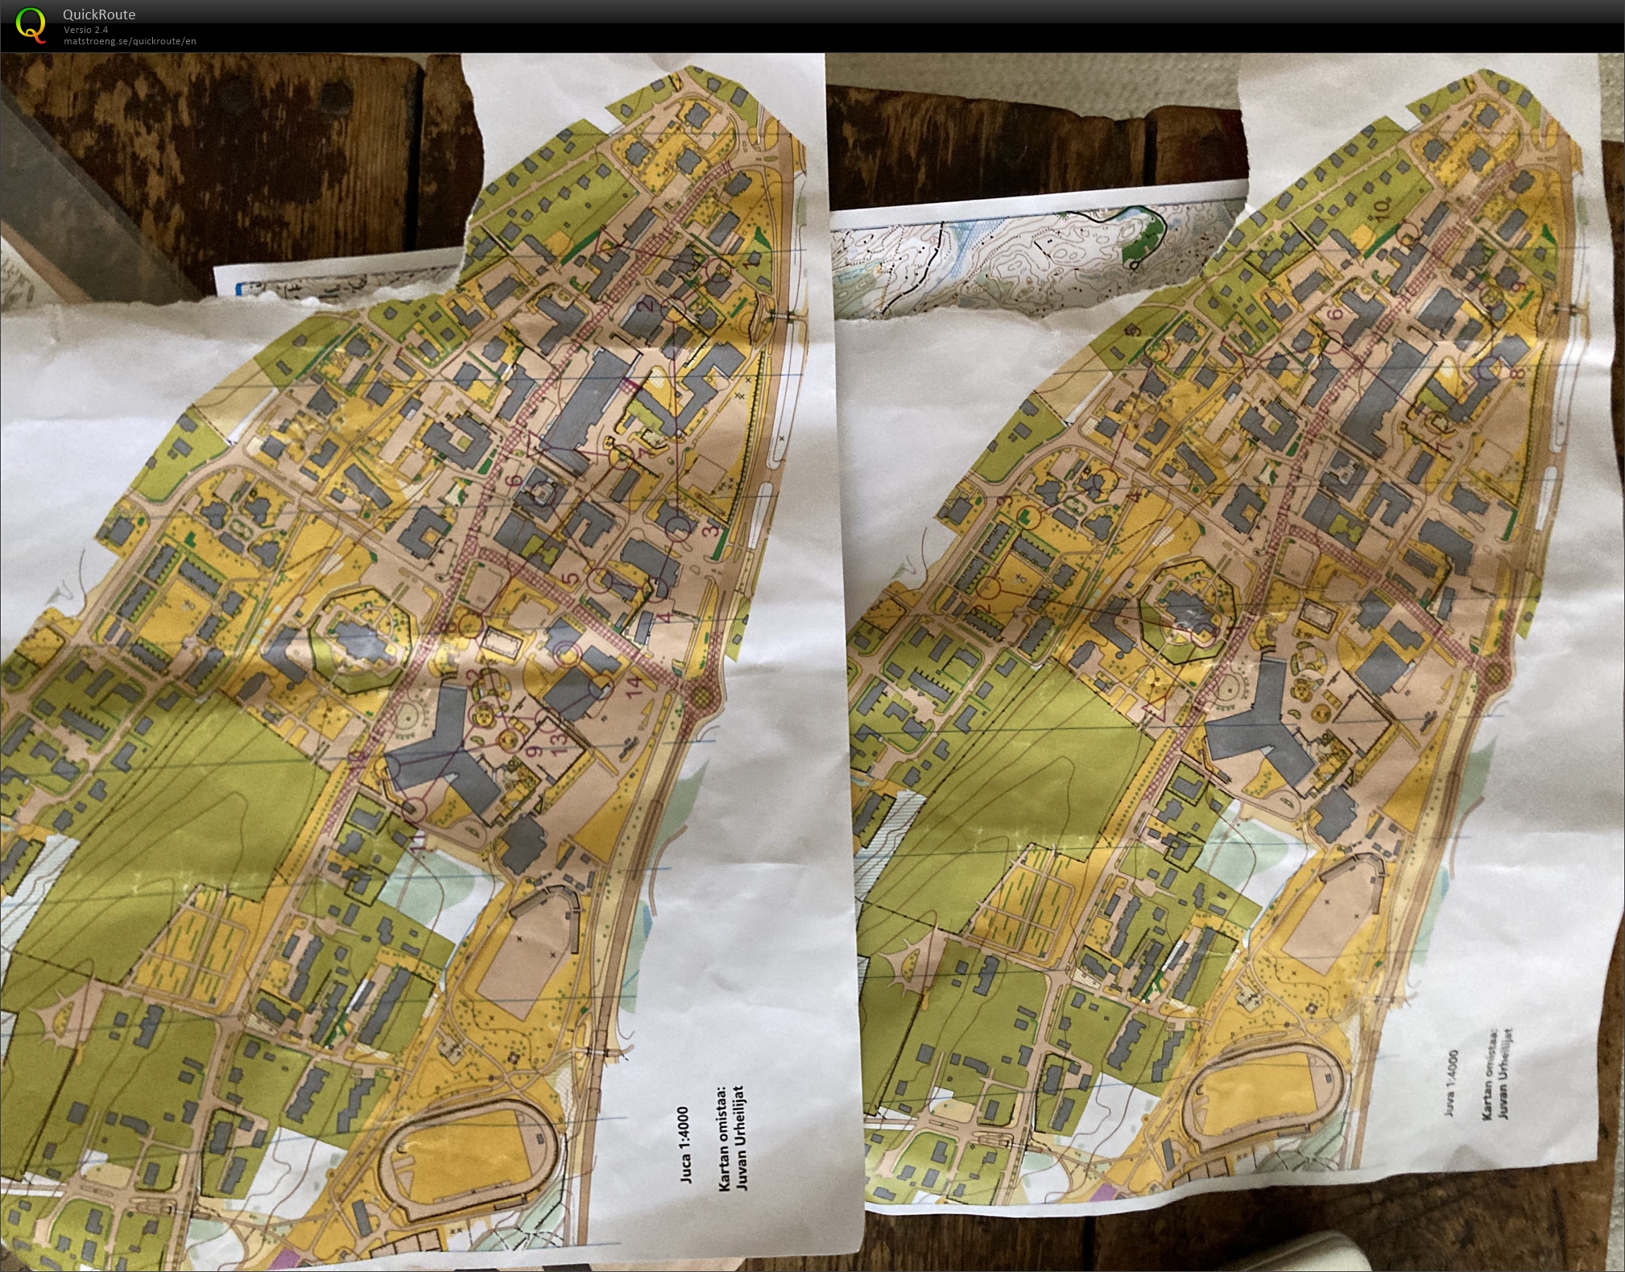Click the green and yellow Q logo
pyautogui.click(x=31, y=24)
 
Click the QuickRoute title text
pyautogui.click(x=99, y=14)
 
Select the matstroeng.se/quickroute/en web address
pyautogui.click(x=130, y=41)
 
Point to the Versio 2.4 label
pyautogui.click(x=86, y=30)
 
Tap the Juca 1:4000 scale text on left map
pyautogui.click(x=684, y=1144)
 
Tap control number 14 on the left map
pyautogui.click(x=636, y=686)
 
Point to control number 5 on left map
pyautogui.click(x=571, y=578)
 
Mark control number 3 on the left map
pyautogui.click(x=711, y=529)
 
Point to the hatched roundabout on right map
pyautogui.click(x=1495, y=670)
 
